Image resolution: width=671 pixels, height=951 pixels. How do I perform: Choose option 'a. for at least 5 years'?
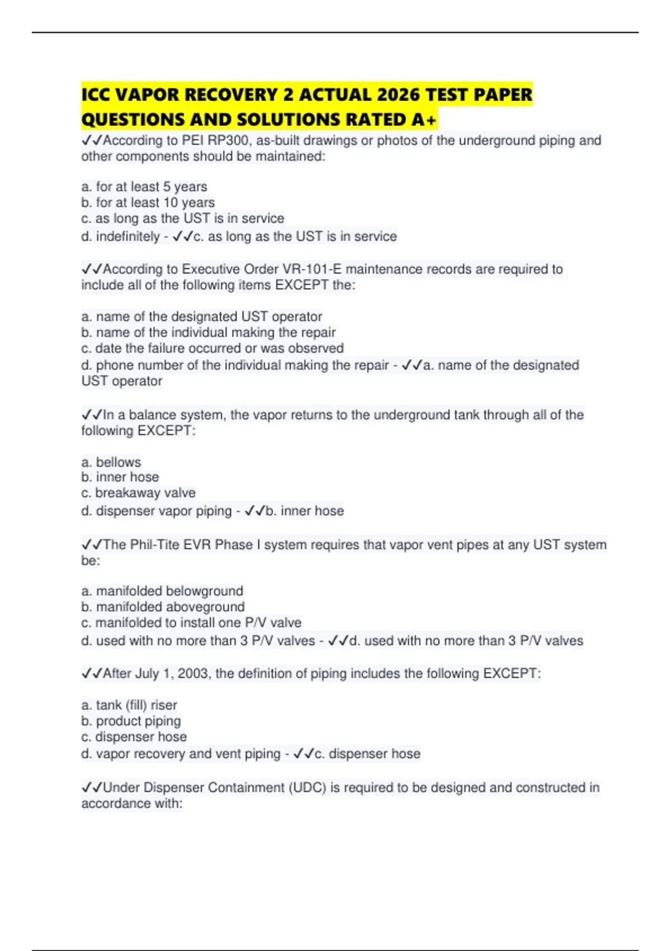coord(144,187)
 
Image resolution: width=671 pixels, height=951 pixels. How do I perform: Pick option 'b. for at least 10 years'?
coord(148,203)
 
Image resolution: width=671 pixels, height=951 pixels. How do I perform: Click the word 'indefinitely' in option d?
coord(128,237)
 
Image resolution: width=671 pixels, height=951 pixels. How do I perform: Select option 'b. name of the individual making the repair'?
coord(208,332)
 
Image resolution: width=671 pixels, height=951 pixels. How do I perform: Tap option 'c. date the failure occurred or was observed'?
coord(212,348)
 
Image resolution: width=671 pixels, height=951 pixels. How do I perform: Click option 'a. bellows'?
coord(111,462)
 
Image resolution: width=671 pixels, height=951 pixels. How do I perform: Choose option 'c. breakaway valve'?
coord(138,493)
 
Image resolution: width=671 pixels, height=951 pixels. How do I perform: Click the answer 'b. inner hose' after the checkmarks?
coord(305,511)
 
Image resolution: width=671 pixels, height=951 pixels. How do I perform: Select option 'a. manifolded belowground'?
coord(162,591)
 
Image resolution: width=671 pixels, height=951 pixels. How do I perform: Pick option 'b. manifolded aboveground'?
coord(163,607)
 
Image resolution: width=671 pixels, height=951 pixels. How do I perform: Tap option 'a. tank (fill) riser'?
coord(129,705)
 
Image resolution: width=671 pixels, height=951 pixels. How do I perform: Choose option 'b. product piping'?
coord(131,721)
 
